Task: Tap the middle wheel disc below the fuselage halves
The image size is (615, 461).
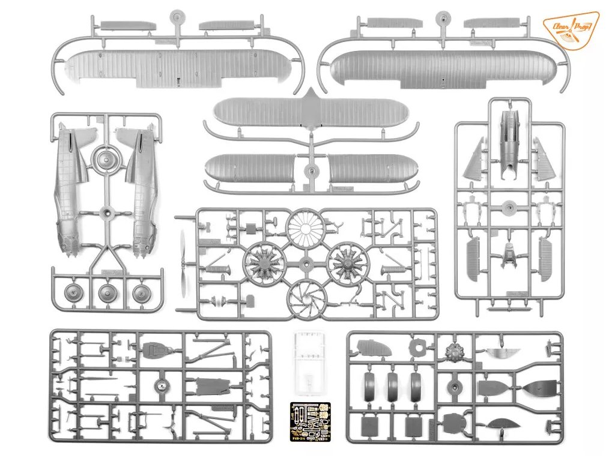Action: click(108, 294)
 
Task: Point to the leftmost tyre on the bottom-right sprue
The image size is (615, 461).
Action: click(371, 388)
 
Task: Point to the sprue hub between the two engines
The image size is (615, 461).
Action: click(306, 264)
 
